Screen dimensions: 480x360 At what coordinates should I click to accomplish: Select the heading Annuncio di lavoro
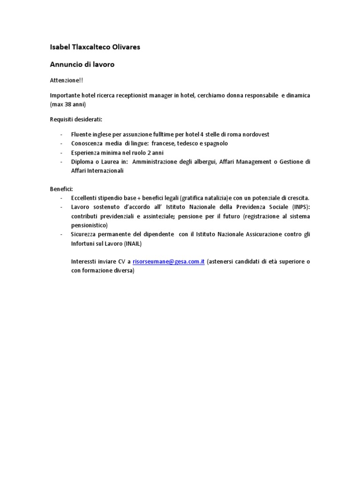point(82,65)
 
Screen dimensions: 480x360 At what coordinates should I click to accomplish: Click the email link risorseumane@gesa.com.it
point(169,262)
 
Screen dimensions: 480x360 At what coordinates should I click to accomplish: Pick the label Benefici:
point(61,189)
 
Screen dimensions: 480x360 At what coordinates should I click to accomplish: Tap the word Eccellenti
point(85,198)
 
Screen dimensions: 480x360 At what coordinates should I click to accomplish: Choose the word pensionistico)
point(90,225)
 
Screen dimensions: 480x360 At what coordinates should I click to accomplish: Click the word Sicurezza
point(84,234)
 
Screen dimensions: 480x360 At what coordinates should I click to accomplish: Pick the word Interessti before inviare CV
point(86,262)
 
